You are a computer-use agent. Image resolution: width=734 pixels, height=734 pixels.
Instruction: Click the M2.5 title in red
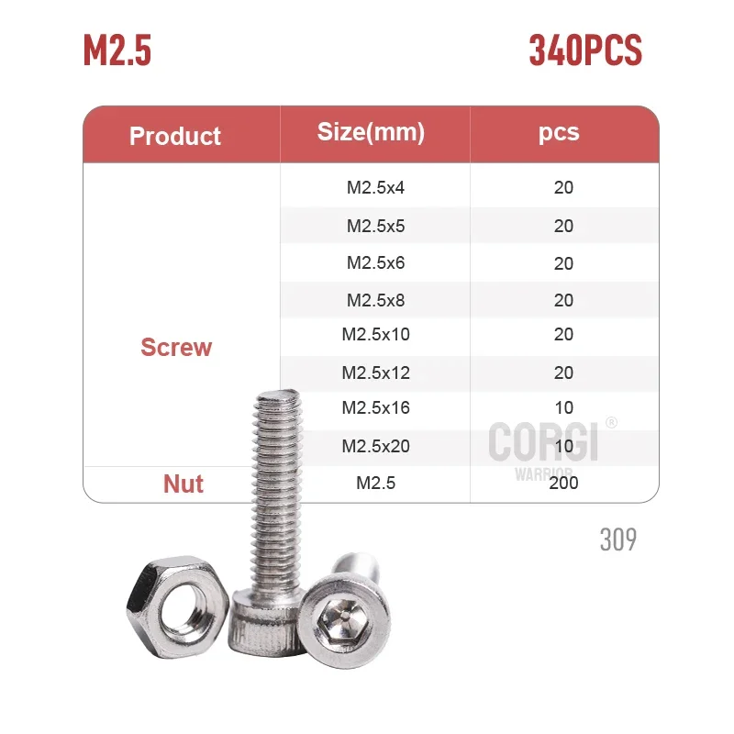point(117,50)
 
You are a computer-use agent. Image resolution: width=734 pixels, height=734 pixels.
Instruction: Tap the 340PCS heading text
point(584,50)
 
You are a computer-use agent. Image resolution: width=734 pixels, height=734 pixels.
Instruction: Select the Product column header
point(175,137)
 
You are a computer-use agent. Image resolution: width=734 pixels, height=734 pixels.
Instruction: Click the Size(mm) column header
point(371,132)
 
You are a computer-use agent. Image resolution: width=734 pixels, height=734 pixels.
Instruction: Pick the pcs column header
point(559,132)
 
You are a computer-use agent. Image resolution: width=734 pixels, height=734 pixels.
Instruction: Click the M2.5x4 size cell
point(375,187)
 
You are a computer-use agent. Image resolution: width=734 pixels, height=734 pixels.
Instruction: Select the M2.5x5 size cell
point(375,225)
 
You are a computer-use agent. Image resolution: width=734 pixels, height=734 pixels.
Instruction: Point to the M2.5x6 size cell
point(375,262)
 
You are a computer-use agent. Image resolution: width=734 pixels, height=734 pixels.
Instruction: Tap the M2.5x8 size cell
point(375,300)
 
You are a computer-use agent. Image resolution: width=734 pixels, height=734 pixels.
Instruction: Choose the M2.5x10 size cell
point(375,334)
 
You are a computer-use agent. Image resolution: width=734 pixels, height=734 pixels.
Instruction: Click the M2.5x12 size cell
point(375,373)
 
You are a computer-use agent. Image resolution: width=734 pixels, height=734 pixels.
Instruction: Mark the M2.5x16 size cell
point(375,407)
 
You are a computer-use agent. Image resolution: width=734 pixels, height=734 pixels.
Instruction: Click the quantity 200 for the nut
point(563,483)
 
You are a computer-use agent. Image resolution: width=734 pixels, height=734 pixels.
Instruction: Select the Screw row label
point(176,348)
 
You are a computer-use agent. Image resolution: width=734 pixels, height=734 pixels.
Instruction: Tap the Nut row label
point(183,484)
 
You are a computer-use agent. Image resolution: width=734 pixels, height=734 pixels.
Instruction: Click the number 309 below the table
point(617,539)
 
